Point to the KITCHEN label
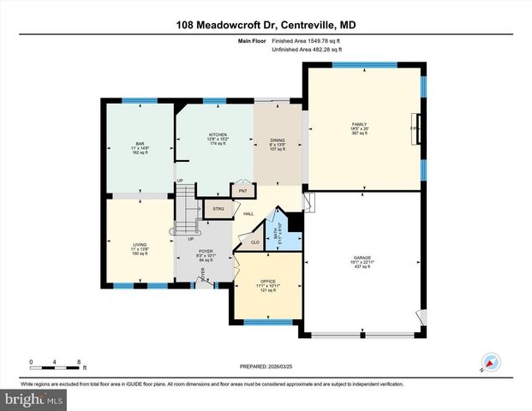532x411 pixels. [x=218, y=135]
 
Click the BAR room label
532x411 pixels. [x=139, y=143]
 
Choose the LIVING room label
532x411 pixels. [x=139, y=246]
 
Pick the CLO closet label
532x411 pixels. [x=254, y=243]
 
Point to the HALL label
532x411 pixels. [x=248, y=214]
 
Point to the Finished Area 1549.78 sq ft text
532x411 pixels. [x=306, y=41]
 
